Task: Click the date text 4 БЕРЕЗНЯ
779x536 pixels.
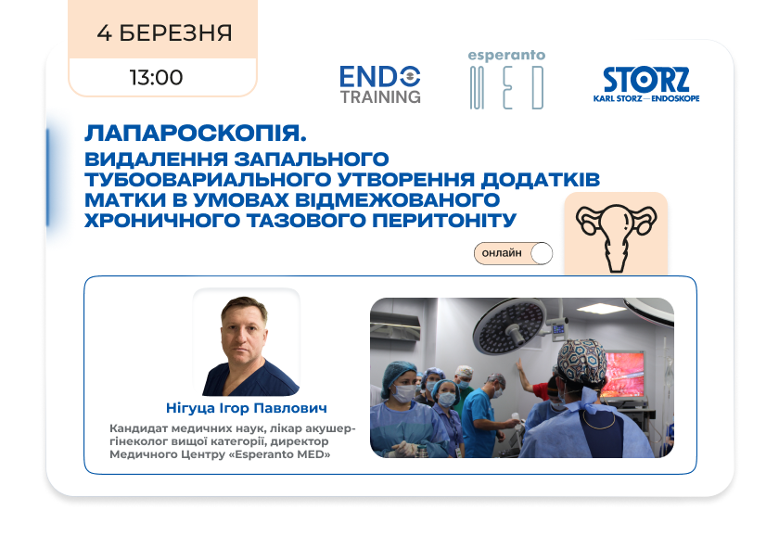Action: click(x=164, y=33)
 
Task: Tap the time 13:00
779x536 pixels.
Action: click(x=157, y=78)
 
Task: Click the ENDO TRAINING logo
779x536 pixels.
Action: click(x=380, y=85)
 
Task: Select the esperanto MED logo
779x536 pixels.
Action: click(x=506, y=80)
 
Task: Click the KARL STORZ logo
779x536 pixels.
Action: click(x=646, y=84)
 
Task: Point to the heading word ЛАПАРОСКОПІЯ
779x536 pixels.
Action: click(x=196, y=134)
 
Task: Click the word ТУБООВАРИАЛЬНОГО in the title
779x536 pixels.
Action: click(x=208, y=179)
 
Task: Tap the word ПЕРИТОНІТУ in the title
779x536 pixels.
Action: click(x=444, y=220)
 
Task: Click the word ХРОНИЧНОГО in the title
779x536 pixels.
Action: click(x=162, y=220)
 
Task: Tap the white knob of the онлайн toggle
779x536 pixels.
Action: click(x=541, y=253)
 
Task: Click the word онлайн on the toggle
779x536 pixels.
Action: click(x=502, y=253)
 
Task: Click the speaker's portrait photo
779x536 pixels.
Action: click(x=247, y=343)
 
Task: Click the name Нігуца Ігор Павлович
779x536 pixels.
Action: click(x=247, y=408)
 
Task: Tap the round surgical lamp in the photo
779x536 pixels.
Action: click(x=510, y=326)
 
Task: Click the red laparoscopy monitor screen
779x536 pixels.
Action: click(x=622, y=374)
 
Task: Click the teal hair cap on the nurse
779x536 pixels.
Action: click(x=400, y=373)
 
